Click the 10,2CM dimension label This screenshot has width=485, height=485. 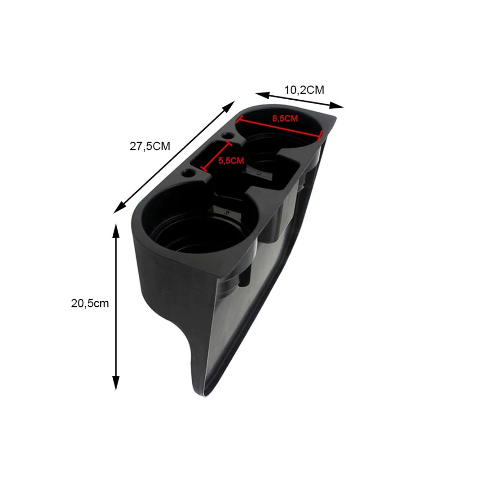click(x=304, y=90)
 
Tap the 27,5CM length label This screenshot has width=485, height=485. click(x=150, y=146)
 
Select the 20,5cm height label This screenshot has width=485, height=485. click(x=90, y=304)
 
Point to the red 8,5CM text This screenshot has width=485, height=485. click(x=285, y=119)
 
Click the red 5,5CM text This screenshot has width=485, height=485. click(x=231, y=160)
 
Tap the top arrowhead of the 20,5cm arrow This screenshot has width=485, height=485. click(x=116, y=230)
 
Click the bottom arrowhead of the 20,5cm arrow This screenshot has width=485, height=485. click(x=116, y=383)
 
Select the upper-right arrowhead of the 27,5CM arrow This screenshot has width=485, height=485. click(x=229, y=106)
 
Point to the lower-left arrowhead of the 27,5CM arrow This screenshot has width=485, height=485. click(x=119, y=208)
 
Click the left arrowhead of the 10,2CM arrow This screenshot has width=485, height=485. click(x=262, y=94)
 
